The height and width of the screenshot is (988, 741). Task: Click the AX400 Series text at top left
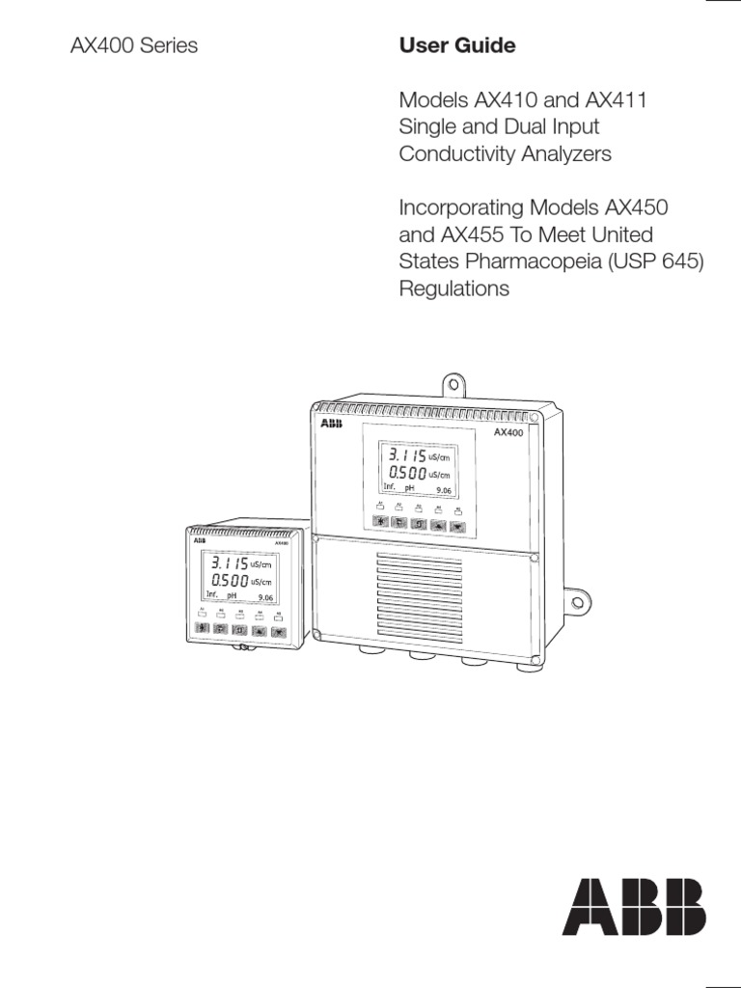tap(135, 46)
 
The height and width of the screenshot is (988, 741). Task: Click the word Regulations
tap(453, 288)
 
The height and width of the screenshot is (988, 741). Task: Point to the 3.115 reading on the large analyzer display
tap(405, 454)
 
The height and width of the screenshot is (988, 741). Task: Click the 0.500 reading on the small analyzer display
tap(227, 581)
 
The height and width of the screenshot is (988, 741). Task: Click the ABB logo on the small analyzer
tap(199, 542)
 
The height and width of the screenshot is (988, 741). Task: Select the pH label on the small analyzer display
tap(232, 597)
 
